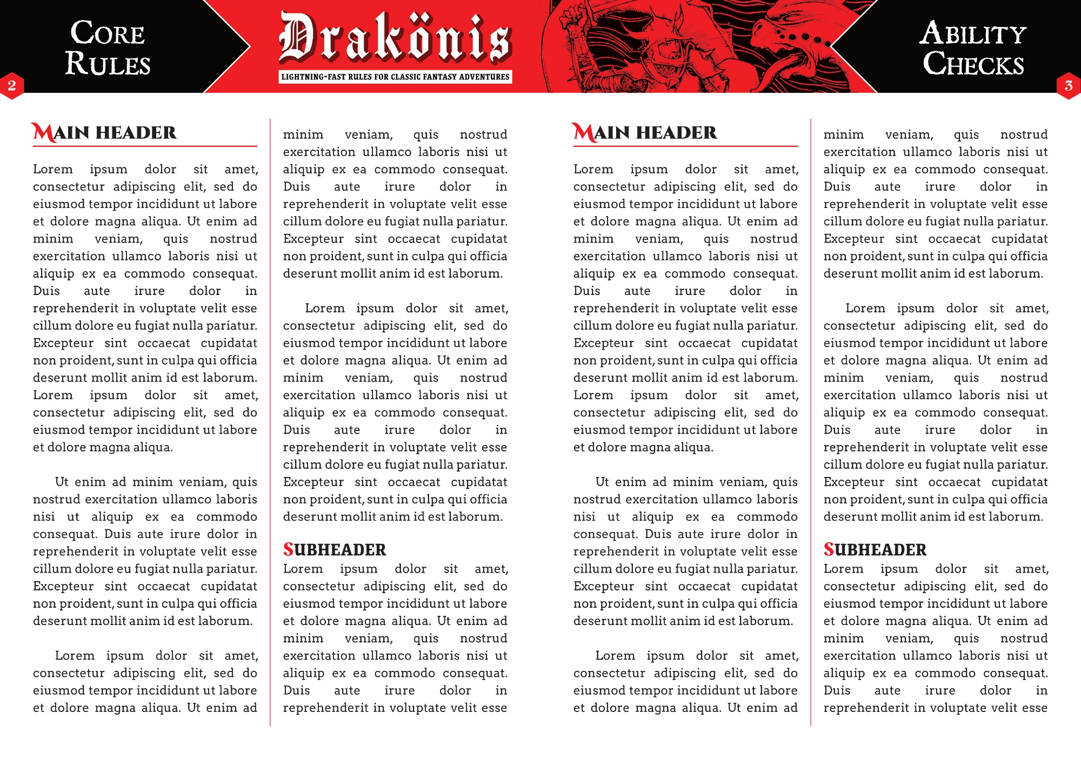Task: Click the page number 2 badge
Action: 12,85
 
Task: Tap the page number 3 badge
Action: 1068,85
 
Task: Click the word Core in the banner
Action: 108,33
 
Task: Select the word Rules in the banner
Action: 108,63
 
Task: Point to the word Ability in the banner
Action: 973,33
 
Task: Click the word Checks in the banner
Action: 973,64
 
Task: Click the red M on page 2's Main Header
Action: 43,132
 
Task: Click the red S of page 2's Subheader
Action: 288,549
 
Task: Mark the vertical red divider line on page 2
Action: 270,421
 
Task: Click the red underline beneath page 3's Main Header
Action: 685,146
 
